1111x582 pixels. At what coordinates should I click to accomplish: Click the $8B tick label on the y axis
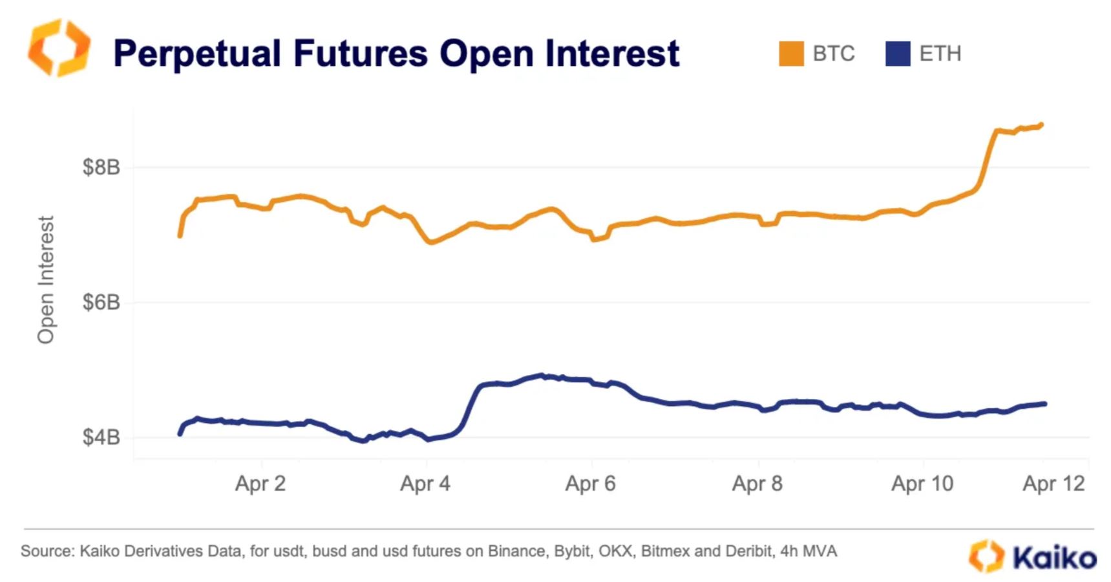pyautogui.click(x=101, y=167)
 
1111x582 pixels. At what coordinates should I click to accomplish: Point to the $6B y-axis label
pyautogui.click(x=101, y=303)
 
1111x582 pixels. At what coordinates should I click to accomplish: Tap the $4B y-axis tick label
pyautogui.click(x=101, y=438)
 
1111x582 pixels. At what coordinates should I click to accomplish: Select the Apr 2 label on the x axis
pyautogui.click(x=260, y=484)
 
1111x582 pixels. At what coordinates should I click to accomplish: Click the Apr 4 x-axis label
pyautogui.click(x=425, y=484)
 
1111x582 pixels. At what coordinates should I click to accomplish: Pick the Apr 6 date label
pyautogui.click(x=591, y=484)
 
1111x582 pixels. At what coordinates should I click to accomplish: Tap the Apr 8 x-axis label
pyautogui.click(x=757, y=484)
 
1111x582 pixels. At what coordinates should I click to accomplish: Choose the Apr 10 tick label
pyautogui.click(x=922, y=484)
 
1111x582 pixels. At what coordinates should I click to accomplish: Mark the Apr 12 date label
pyautogui.click(x=1053, y=484)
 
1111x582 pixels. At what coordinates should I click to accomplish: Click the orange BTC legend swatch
pyautogui.click(x=791, y=54)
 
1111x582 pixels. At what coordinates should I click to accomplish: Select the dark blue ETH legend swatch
pyautogui.click(x=898, y=54)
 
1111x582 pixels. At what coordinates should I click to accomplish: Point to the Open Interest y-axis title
pyautogui.click(x=46, y=279)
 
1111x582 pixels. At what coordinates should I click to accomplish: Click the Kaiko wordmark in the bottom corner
pyautogui.click(x=1054, y=557)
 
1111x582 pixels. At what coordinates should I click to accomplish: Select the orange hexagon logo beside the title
pyautogui.click(x=59, y=48)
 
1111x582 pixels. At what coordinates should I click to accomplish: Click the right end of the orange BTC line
pyautogui.click(x=1041, y=125)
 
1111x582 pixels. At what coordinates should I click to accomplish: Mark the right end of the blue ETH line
pyautogui.click(x=1044, y=404)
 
